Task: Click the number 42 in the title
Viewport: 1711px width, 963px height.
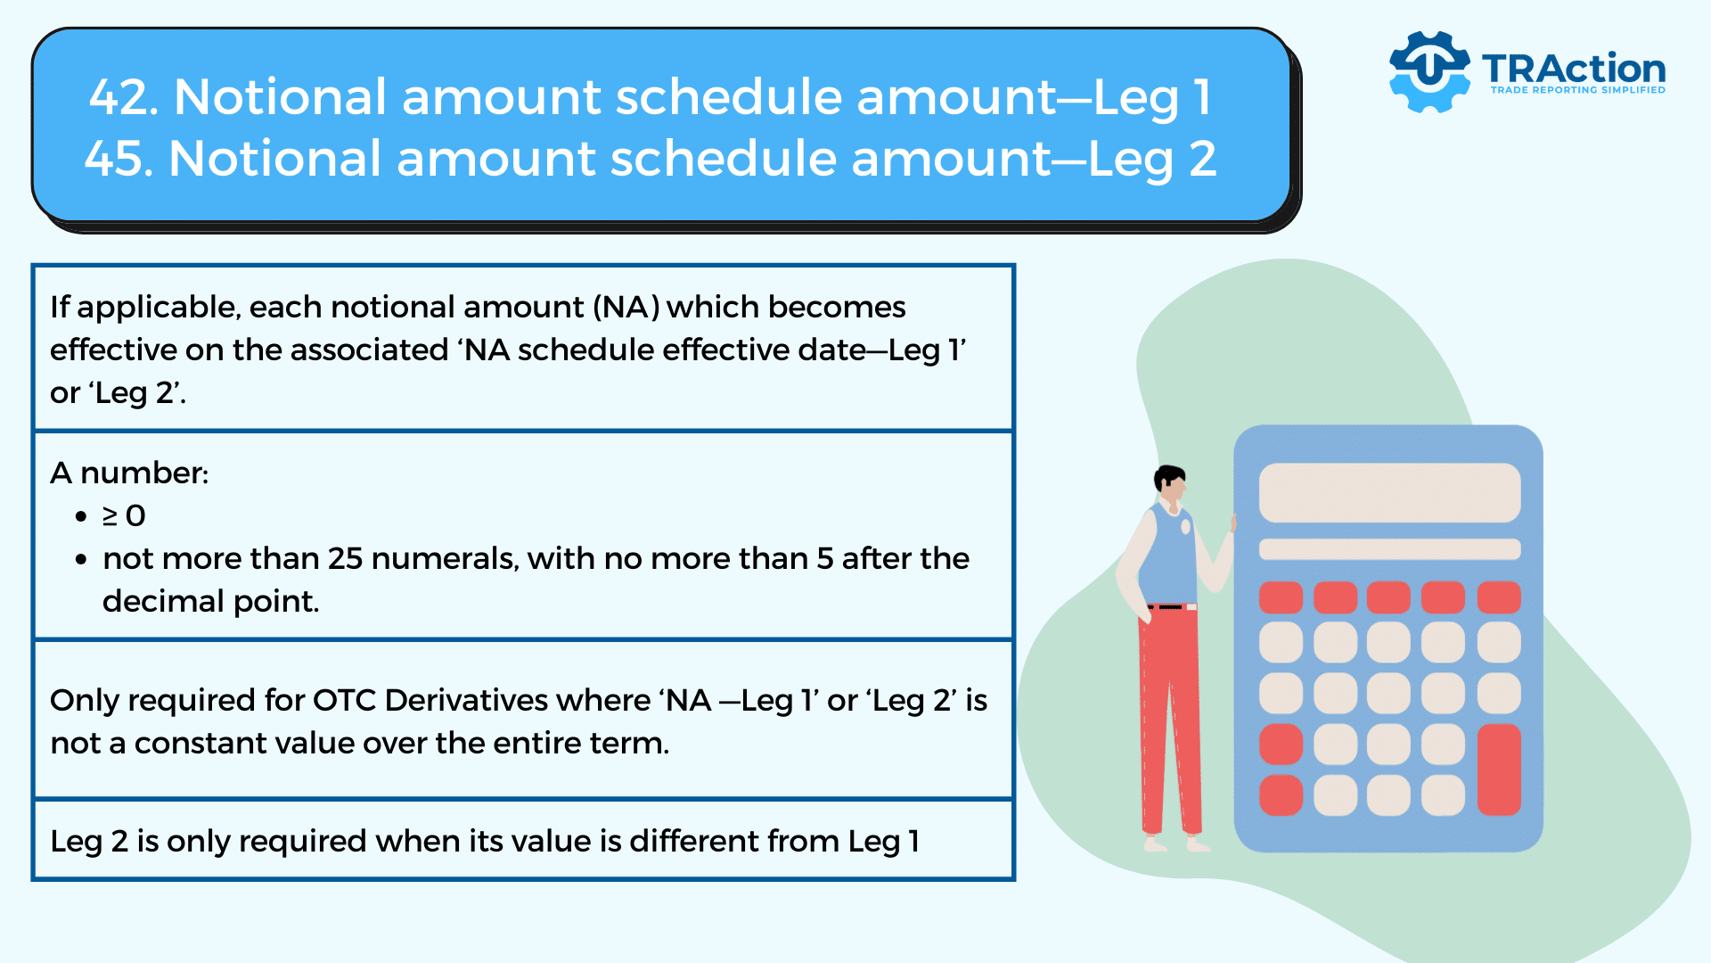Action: click(x=124, y=97)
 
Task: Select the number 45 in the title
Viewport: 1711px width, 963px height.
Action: click(x=119, y=159)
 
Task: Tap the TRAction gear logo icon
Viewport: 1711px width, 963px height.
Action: click(x=1429, y=71)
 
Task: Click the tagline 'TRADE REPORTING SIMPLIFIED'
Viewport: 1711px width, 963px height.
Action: click(x=1577, y=90)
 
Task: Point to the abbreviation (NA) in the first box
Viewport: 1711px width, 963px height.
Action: click(x=626, y=307)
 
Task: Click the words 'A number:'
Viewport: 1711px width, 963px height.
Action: click(x=129, y=473)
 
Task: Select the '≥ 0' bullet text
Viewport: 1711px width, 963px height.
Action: click(x=124, y=515)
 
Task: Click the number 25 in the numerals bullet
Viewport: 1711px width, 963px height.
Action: click(x=345, y=558)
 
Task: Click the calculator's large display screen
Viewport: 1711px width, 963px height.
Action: click(x=1389, y=492)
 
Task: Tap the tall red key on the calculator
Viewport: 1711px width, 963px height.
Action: click(x=1499, y=770)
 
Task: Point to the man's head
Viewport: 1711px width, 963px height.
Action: click(x=1170, y=484)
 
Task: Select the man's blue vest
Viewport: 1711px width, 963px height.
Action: click(x=1168, y=553)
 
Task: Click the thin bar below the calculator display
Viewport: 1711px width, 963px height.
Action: click(x=1389, y=548)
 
